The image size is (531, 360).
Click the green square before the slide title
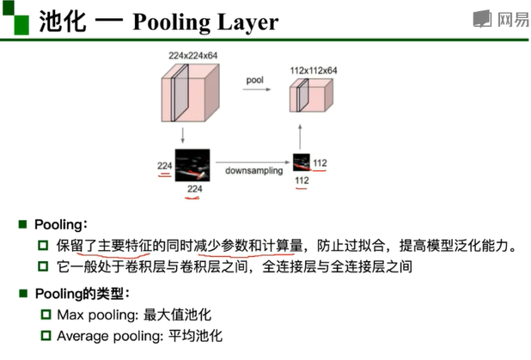click(x=17, y=19)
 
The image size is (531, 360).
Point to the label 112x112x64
click(x=313, y=70)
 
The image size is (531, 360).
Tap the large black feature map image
click(x=192, y=164)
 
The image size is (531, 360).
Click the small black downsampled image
click(x=302, y=163)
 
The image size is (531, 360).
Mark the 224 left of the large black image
click(x=164, y=165)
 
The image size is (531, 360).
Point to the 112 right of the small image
click(x=320, y=163)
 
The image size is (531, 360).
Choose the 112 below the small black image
click(x=302, y=181)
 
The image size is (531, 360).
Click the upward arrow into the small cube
click(x=301, y=135)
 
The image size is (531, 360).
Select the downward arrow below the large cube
click(x=183, y=135)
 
